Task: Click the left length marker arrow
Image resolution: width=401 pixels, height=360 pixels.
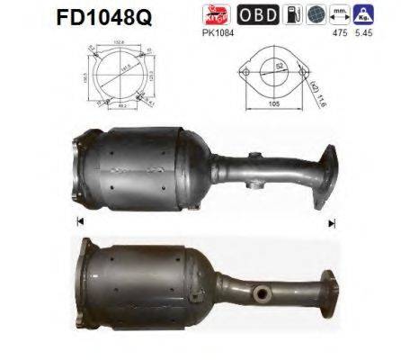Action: point(80,221)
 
